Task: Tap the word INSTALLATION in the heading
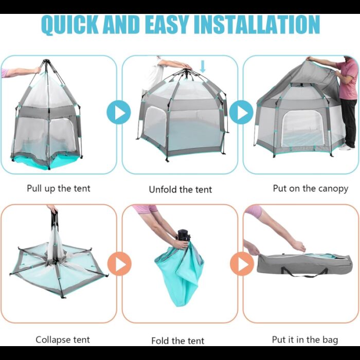[257, 25]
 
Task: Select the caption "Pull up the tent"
[59, 189]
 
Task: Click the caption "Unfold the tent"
[180, 190]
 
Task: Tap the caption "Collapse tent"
[63, 339]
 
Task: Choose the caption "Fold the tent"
[178, 340]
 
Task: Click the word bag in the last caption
[330, 340]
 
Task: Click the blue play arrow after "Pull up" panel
[118, 113]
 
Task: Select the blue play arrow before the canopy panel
[241, 113]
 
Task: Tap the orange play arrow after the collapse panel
[119, 263]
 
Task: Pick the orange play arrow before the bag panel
[242, 263]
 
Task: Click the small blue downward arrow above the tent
[203, 66]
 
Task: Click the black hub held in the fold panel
[184, 235]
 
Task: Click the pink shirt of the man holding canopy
[346, 79]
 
